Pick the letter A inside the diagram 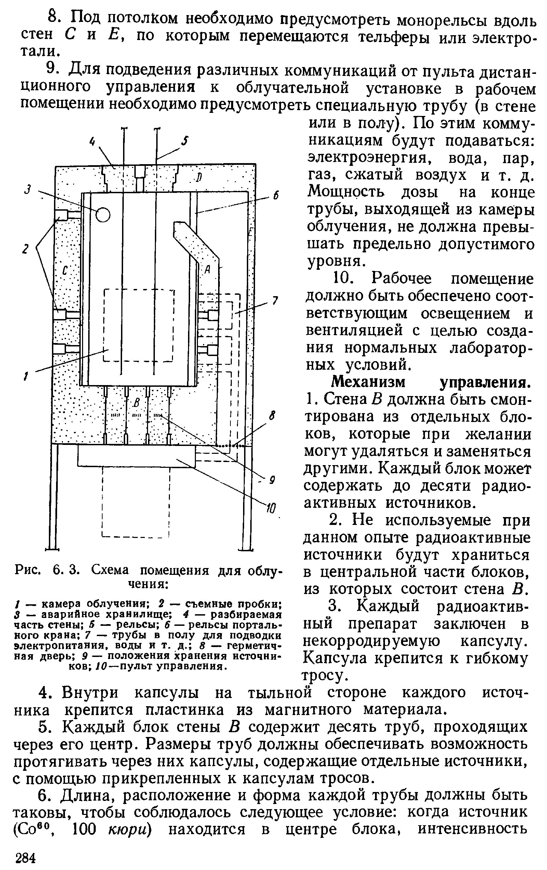coord(208,269)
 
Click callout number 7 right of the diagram coord(275,301)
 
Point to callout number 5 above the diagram coord(185,141)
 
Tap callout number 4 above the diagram coord(92,142)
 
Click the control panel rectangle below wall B coord(136,456)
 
